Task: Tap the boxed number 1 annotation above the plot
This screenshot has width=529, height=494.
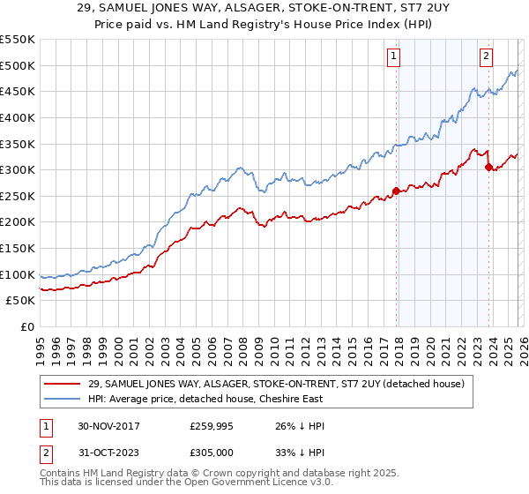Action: (392, 56)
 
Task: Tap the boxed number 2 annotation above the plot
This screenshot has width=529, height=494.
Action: (485, 56)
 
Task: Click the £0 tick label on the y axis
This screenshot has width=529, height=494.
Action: (26, 327)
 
